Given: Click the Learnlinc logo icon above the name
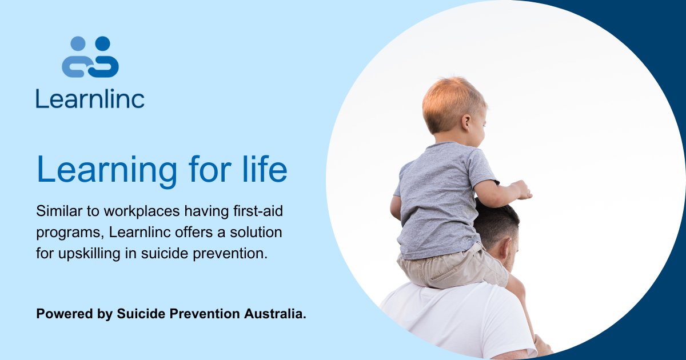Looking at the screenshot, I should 90,57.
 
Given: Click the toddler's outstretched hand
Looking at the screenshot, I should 521,189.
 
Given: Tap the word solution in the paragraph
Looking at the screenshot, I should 254,233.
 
